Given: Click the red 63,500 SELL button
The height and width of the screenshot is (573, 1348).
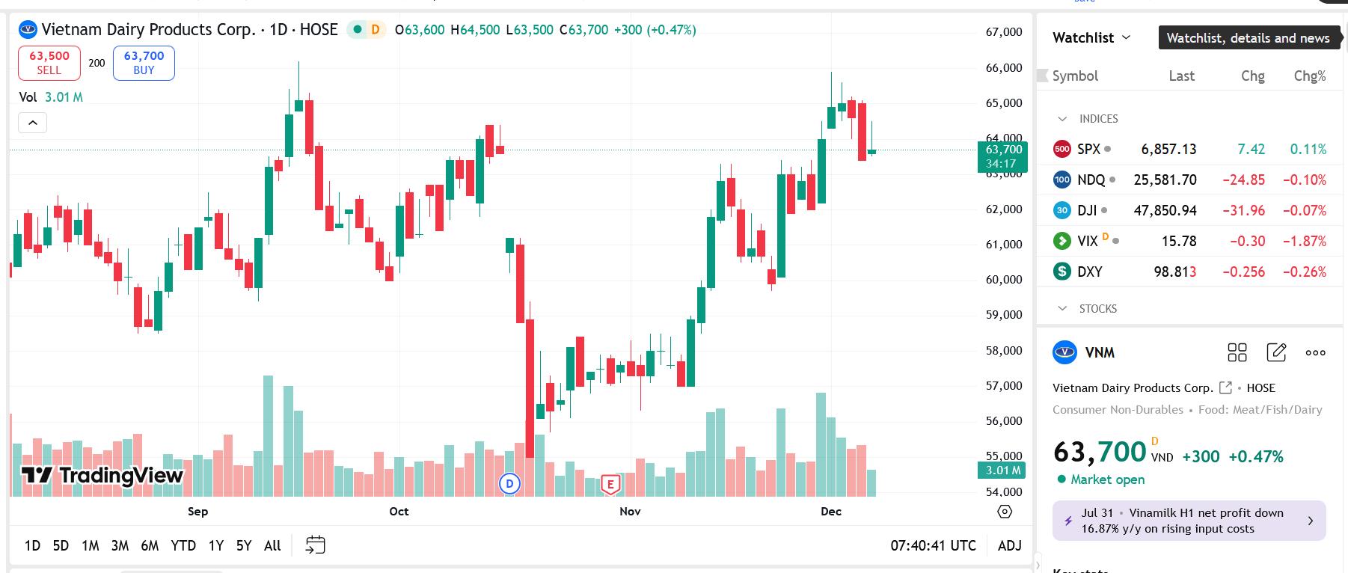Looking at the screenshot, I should click(49, 63).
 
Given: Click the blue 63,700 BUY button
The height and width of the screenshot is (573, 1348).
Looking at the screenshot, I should click(144, 63).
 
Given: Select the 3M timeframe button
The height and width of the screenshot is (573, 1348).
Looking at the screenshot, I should click(120, 545).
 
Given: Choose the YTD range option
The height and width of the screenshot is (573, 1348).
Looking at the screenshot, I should click(183, 545).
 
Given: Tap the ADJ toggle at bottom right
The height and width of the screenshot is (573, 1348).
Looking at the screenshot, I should click(1009, 545).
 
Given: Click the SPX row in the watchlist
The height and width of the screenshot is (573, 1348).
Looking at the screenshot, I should click(1088, 149).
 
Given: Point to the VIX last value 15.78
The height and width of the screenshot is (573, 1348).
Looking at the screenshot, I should click(1178, 241).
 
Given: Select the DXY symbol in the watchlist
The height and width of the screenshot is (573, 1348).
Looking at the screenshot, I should click(1089, 272).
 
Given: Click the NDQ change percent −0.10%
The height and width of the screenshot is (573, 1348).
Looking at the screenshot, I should click(1304, 180).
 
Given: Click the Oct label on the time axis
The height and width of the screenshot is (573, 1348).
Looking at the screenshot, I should click(399, 512).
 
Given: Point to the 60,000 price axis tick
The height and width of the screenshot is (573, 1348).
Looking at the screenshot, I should click(1004, 280).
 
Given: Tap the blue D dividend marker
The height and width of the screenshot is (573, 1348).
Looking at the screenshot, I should click(509, 483).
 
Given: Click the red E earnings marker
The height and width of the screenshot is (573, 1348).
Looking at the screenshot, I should click(610, 484).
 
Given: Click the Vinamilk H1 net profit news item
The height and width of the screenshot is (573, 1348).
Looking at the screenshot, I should click(1189, 521).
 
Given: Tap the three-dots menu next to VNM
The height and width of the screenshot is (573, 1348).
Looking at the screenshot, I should click(1315, 352).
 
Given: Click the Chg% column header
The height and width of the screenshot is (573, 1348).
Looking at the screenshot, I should click(1309, 76).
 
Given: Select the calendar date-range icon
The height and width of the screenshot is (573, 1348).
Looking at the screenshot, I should click(315, 545).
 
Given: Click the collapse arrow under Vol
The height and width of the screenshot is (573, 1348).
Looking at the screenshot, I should click(32, 123).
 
